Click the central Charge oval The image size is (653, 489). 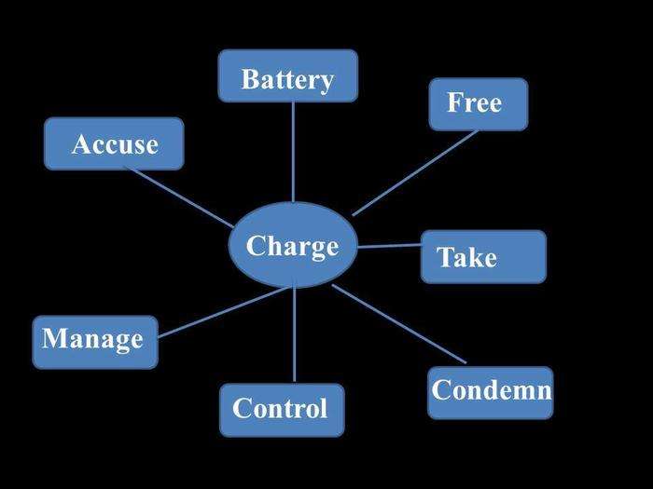pos(293,245)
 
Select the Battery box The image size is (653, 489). pos(287,75)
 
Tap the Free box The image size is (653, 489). pos(479,104)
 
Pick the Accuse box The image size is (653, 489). pos(114,143)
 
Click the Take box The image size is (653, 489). pos(483,256)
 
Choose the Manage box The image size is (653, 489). pos(95,342)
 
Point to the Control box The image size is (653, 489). pos(282,410)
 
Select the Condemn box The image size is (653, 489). pos(491,392)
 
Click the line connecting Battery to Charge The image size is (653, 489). pos(293,152)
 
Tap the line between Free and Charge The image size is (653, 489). pos(415,173)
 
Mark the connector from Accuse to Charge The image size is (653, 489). pos(179,197)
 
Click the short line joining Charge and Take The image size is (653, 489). pos(389,246)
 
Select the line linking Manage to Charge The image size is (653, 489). pos(223,312)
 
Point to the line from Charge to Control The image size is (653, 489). pos(295,334)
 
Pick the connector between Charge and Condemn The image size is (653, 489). pos(399,324)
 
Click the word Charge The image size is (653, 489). pos(292,247)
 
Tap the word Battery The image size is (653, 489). pos(287,79)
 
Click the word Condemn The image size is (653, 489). pos(492,390)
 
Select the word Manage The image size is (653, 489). pos(93,339)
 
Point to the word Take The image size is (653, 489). pos(466,257)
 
